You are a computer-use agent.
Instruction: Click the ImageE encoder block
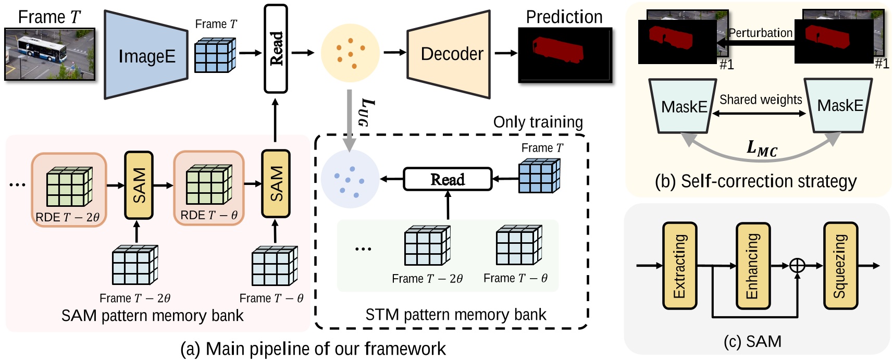146,55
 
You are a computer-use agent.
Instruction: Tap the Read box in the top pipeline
276,48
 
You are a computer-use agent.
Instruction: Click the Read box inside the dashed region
448,179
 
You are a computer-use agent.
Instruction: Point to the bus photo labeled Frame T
50,54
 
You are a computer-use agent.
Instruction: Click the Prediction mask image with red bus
565,55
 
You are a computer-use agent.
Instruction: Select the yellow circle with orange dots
350,53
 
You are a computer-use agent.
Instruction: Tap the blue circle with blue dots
350,180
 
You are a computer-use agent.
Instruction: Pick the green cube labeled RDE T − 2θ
69,187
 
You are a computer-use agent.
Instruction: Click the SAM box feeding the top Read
276,184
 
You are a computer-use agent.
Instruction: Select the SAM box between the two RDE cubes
139,185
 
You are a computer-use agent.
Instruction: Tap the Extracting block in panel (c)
679,266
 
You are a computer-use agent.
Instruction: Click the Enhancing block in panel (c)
752,266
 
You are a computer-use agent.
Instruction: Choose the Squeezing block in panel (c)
840,266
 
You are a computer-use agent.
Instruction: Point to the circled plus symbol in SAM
797,266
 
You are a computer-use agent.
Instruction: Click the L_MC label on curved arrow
761,148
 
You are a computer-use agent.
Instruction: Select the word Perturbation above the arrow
760,33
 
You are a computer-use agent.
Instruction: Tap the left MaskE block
683,106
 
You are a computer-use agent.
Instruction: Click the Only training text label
538,122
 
